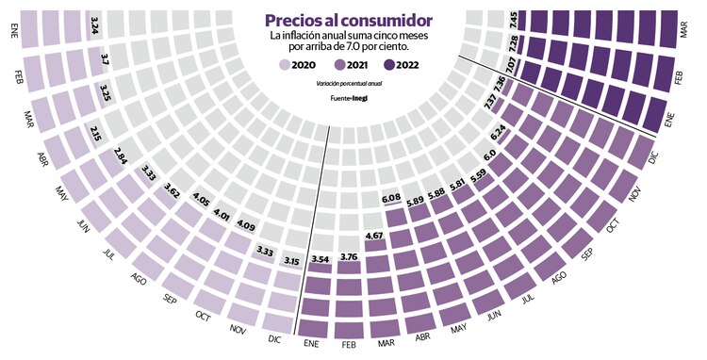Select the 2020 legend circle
point(286,65)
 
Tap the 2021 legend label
point(363,65)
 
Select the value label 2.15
point(95,133)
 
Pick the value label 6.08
point(391,198)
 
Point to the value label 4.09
point(244,225)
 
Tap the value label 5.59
point(478,173)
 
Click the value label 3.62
point(171,188)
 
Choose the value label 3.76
point(349,255)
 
